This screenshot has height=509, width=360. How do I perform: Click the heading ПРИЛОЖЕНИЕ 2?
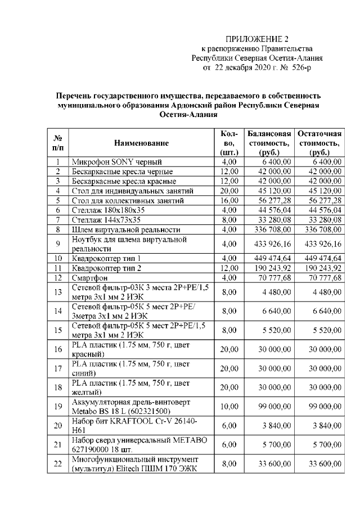point(256,39)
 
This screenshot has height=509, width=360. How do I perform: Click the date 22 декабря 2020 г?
point(244,67)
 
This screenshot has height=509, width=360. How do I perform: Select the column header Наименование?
point(141,143)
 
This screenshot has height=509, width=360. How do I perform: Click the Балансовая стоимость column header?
point(269,143)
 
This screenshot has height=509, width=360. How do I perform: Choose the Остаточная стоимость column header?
point(319,143)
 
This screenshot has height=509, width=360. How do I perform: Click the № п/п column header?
point(57,142)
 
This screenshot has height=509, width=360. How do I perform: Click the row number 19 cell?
point(57,406)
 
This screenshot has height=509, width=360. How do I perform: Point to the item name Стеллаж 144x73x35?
point(106,220)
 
